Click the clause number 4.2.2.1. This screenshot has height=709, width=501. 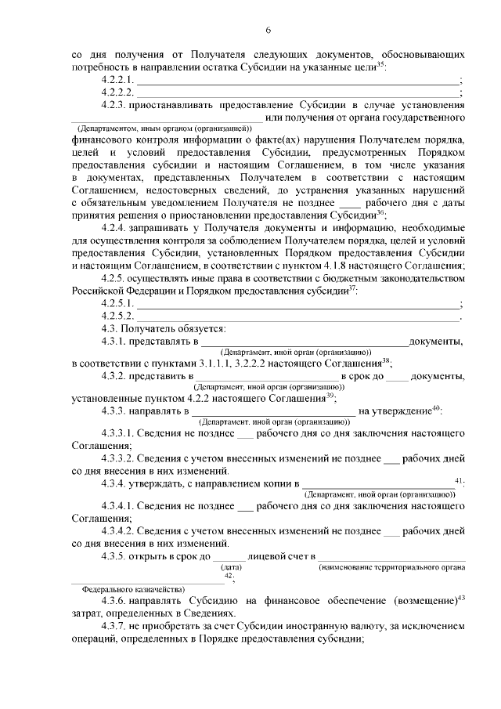[119, 80]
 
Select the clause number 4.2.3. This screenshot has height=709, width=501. [114, 103]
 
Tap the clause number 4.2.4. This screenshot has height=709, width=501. [114, 228]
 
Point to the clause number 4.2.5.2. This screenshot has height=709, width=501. [119, 316]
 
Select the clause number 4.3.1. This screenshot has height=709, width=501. [114, 342]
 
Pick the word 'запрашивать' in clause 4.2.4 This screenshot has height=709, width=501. [162, 228]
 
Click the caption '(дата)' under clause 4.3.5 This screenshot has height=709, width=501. [232, 566]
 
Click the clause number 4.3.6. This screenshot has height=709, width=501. [114, 601]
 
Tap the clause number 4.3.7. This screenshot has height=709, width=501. [114, 627]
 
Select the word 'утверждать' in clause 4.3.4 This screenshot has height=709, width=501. [160, 485]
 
